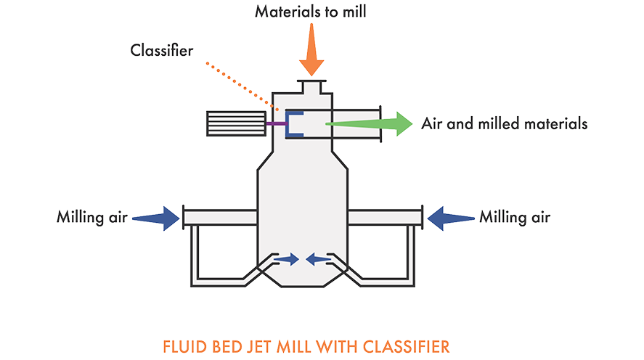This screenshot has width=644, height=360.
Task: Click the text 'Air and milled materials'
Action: pos(505,124)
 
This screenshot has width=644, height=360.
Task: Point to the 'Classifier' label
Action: pos(163,50)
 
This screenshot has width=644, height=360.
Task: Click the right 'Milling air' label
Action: pos(515,217)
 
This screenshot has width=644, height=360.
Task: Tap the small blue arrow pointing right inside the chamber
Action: pos(288,258)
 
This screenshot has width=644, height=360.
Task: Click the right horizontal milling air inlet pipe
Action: pos(384,217)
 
